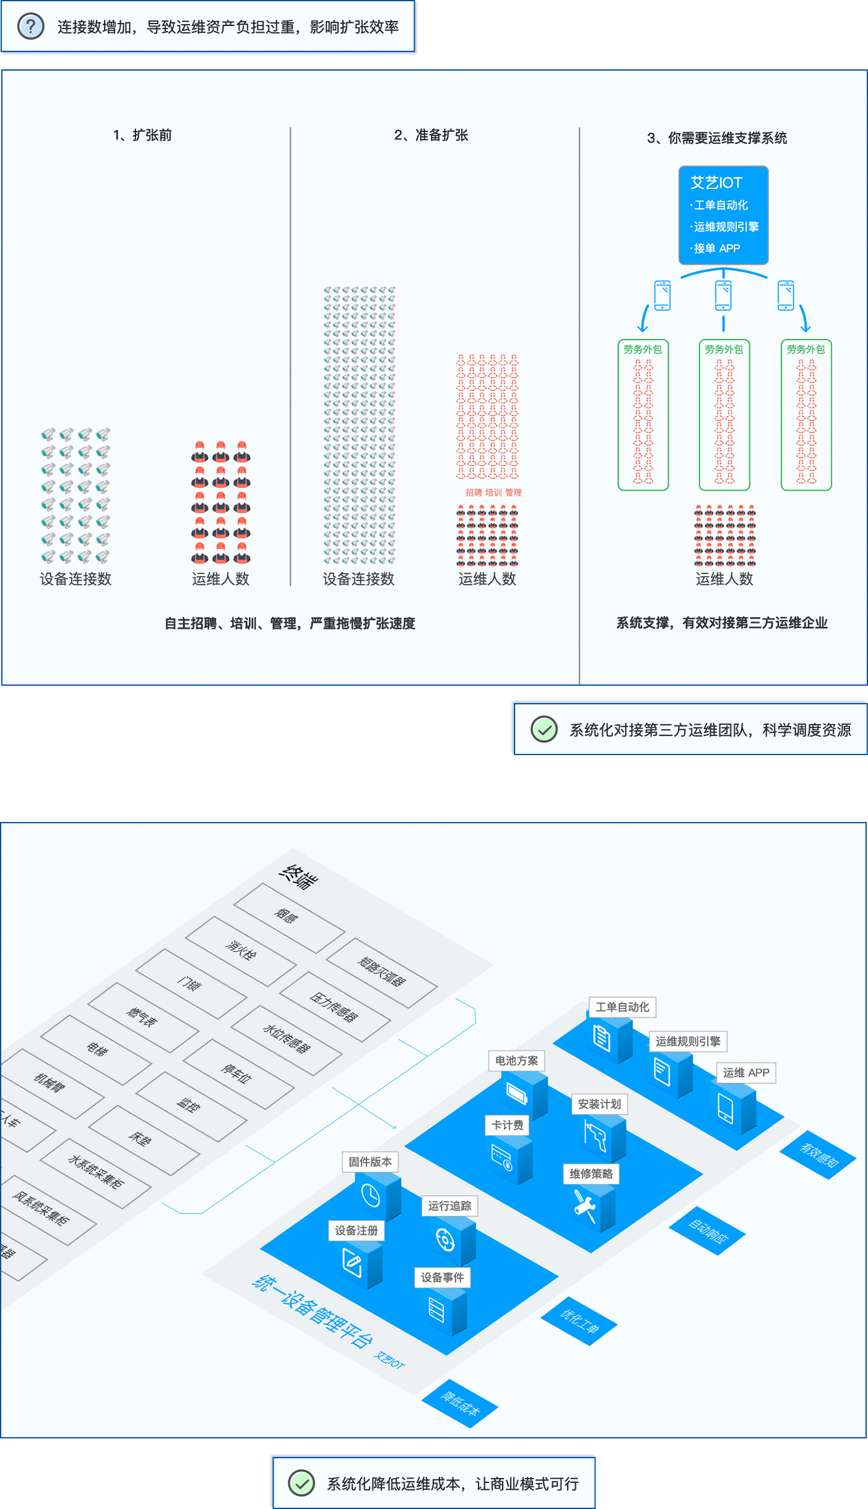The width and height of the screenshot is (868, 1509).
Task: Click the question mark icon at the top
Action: click(31, 27)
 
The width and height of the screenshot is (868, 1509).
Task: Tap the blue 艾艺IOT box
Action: click(723, 215)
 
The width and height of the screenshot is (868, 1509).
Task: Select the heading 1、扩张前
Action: click(142, 135)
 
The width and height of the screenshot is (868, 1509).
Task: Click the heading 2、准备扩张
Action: click(431, 135)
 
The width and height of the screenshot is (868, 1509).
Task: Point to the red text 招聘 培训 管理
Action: click(493, 492)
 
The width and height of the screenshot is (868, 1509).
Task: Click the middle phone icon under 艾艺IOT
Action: click(723, 295)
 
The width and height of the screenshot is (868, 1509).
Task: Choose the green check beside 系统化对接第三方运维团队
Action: click(544, 729)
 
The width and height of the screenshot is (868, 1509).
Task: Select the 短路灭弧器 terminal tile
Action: click(381, 973)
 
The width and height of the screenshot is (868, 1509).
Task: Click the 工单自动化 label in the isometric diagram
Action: click(622, 1007)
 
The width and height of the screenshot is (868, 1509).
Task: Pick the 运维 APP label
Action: click(746, 1073)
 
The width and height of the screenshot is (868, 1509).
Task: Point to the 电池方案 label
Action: click(516, 1061)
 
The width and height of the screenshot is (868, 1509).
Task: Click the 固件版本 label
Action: click(370, 1162)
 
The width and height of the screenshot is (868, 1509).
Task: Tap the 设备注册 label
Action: click(356, 1231)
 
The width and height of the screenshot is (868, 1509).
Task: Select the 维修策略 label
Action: click(591, 1174)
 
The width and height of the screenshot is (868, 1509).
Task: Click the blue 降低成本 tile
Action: click(460, 1404)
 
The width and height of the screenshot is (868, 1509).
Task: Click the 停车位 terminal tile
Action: click(238, 1074)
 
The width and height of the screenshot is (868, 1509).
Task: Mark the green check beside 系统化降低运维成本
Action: click(302, 1483)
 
